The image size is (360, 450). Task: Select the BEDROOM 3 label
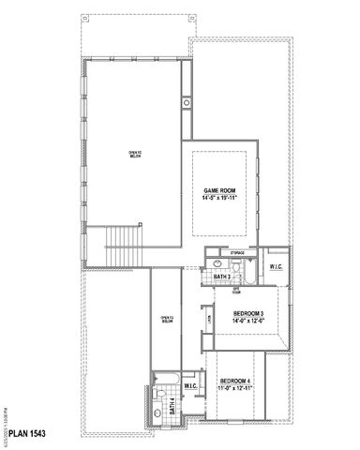click(248, 312)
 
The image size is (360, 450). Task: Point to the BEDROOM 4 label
click(235, 380)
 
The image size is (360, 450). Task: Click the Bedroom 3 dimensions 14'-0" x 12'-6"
click(248, 320)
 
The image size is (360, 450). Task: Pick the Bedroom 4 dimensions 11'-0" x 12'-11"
click(235, 387)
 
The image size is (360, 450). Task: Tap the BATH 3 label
click(221, 277)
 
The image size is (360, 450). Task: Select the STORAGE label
click(237, 253)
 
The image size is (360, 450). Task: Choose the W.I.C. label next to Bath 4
click(190, 385)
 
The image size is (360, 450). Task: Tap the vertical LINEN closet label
click(208, 321)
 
